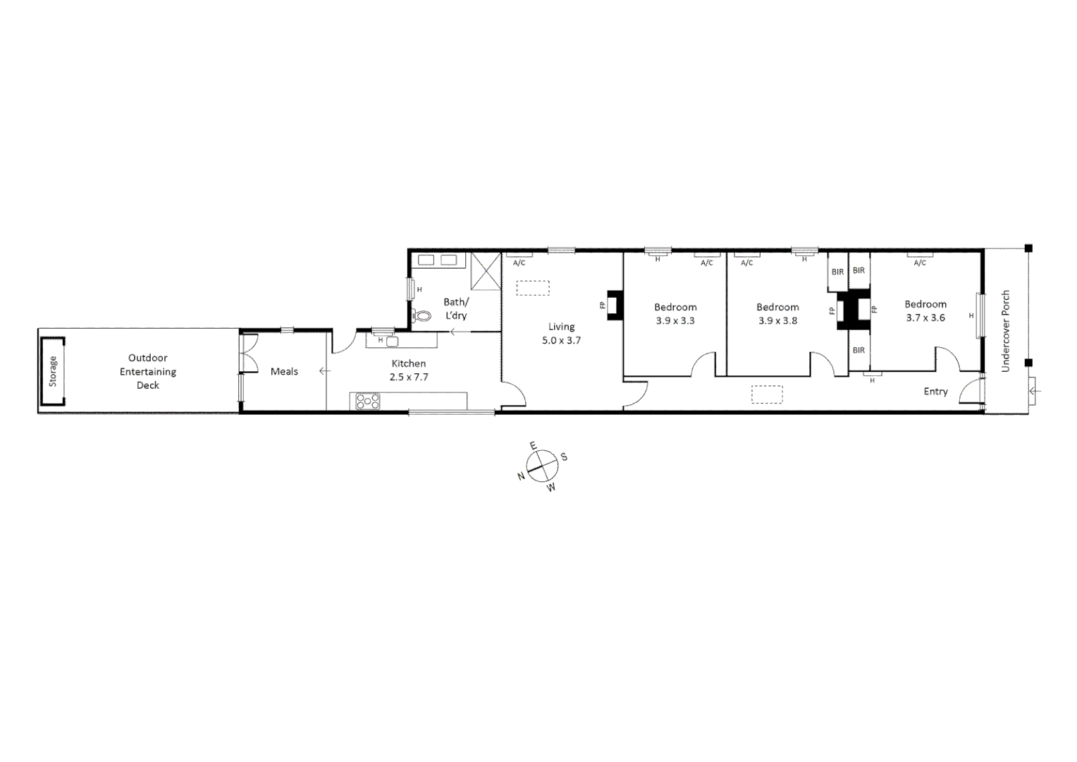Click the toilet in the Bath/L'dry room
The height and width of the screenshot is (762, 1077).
point(423,317)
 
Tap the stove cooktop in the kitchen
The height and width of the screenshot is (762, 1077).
point(368,401)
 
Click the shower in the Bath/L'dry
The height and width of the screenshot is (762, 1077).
point(485,272)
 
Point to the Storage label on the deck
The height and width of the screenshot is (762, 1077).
point(53,371)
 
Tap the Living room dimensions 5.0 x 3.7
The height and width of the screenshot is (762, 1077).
point(561,340)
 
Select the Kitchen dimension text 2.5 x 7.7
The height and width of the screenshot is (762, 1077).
point(409,377)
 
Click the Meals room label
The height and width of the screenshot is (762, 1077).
point(284,371)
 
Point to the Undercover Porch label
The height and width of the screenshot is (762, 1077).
point(1006,331)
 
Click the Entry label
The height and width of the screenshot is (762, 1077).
point(935,392)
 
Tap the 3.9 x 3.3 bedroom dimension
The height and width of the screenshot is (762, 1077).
point(675,320)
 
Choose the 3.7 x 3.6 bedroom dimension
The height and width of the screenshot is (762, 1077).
point(925,317)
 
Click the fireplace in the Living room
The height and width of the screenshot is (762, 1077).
point(615,306)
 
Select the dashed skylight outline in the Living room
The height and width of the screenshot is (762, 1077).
point(533,289)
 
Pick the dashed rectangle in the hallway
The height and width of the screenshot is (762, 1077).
point(767,394)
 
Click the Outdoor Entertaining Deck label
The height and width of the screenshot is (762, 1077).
point(148,371)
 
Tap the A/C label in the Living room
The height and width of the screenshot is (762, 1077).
point(519,263)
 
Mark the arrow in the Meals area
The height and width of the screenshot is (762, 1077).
point(324,371)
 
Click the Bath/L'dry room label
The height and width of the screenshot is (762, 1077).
point(455,308)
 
